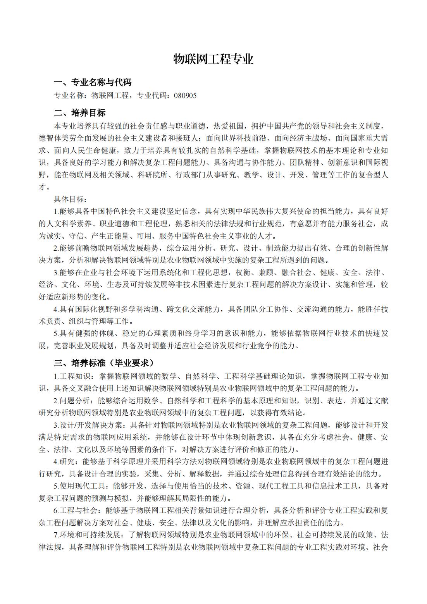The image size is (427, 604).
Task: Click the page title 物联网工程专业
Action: pos(213,59)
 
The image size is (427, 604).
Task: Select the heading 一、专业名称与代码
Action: pos(93,82)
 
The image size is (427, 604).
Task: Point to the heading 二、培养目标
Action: pos(80,113)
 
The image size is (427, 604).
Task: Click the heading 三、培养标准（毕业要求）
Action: pos(104,363)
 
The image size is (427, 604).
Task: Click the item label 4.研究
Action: pos(62,462)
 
